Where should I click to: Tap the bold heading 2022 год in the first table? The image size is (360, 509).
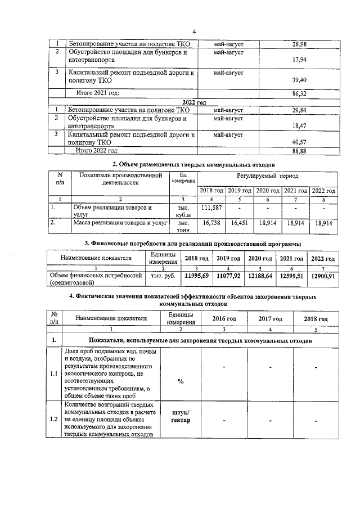coord(193,102)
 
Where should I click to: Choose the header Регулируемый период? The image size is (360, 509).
coord(268,176)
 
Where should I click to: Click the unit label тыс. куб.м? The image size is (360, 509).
coord(182,211)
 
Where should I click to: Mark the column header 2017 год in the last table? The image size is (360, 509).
coord(270,318)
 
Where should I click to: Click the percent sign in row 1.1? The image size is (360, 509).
coord(181,381)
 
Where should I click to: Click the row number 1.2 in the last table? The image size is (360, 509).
coord(54,418)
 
